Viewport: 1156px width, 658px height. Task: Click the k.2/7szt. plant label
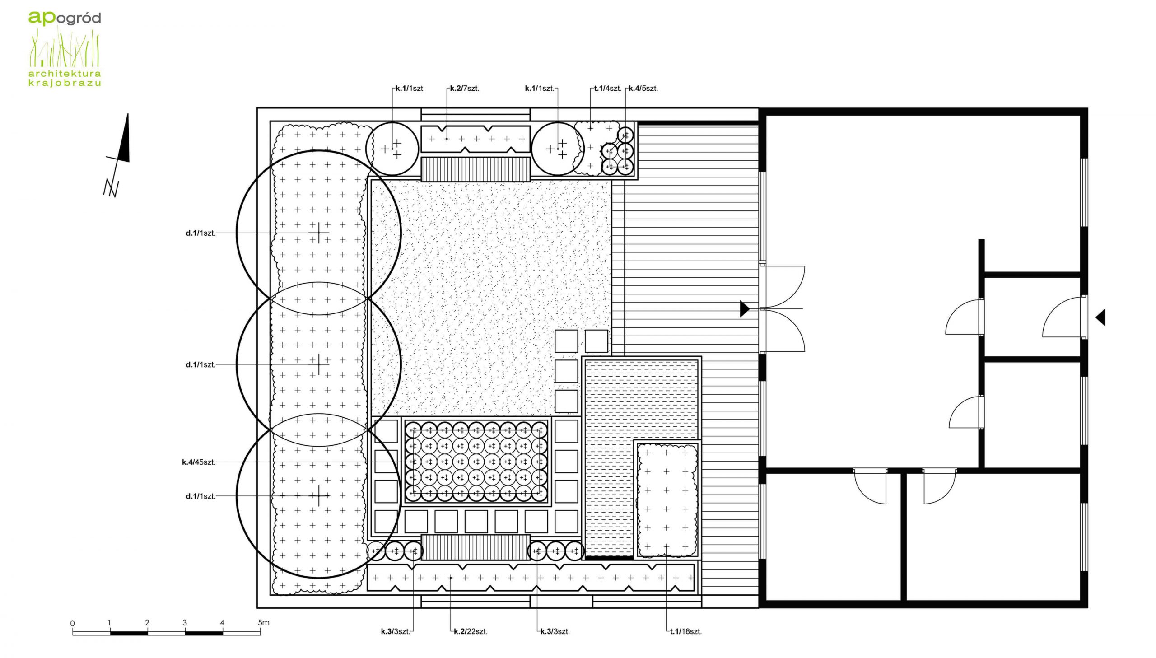click(x=464, y=88)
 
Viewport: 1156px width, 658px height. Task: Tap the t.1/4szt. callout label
click(x=608, y=88)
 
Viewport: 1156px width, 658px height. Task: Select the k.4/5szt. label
click(x=643, y=88)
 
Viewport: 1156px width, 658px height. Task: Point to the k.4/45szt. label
click(x=199, y=462)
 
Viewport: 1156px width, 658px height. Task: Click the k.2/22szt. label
click(x=471, y=631)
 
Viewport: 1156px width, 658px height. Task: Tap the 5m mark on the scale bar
click(x=264, y=622)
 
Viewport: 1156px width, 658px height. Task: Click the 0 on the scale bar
click(x=72, y=623)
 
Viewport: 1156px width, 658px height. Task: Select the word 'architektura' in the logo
click(x=65, y=73)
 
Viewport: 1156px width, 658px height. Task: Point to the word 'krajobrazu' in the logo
click(x=65, y=83)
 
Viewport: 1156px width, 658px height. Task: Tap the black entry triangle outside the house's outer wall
click(x=1100, y=317)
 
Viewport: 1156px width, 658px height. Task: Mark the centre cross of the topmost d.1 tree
click(x=319, y=233)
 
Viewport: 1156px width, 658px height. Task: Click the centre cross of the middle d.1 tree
click(x=319, y=364)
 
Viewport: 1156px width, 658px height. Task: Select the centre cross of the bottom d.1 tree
click(x=319, y=496)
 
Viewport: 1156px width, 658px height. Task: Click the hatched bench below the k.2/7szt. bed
click(x=475, y=169)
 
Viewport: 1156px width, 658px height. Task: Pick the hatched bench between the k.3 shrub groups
click(x=475, y=547)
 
